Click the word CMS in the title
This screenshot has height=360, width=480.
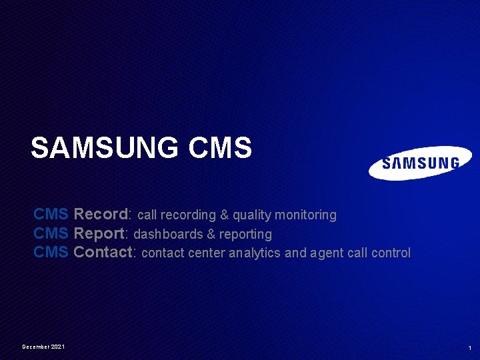click(221, 148)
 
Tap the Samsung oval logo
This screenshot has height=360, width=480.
click(420, 163)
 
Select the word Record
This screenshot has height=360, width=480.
click(101, 215)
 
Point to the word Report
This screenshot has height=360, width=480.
click(100, 234)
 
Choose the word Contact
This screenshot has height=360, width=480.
click(103, 253)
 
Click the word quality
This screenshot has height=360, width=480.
click(253, 215)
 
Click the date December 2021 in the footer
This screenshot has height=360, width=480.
click(43, 347)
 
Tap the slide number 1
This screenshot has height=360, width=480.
click(470, 348)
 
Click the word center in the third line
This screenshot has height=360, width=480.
click(207, 253)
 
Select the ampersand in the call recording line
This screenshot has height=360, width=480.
click(224, 215)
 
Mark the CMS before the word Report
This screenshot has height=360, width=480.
click(51, 234)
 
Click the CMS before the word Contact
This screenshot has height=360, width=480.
click(51, 253)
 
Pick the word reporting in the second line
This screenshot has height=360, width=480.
click(249, 235)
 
